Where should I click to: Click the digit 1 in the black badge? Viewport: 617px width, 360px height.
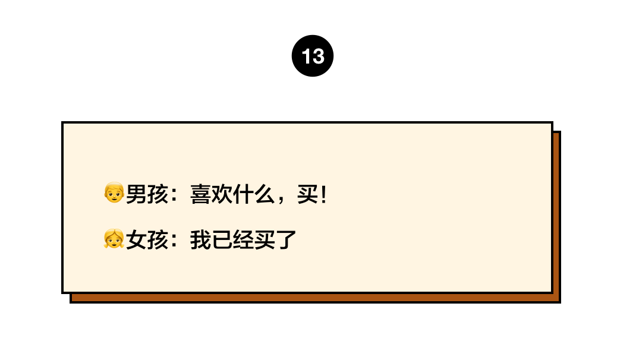click(306, 56)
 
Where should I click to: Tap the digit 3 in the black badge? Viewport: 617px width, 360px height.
click(318, 56)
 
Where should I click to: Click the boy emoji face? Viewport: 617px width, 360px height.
click(114, 192)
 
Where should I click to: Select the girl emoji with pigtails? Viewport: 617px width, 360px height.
click(114, 238)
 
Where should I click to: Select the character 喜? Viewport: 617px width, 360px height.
click(200, 194)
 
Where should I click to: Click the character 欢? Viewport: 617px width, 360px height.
click(222, 194)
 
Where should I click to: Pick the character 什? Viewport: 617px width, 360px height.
click(243, 194)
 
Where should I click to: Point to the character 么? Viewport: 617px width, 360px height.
click(264, 194)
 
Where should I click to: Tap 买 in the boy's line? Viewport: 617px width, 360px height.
click(307, 194)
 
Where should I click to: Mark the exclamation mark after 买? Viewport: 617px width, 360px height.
click(324, 194)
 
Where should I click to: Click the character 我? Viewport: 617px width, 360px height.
click(200, 240)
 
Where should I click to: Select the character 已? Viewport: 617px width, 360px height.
click(222, 240)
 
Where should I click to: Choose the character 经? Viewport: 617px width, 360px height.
click(243, 240)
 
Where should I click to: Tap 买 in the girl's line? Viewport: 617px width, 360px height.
click(264, 240)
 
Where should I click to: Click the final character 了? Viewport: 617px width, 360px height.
click(286, 240)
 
